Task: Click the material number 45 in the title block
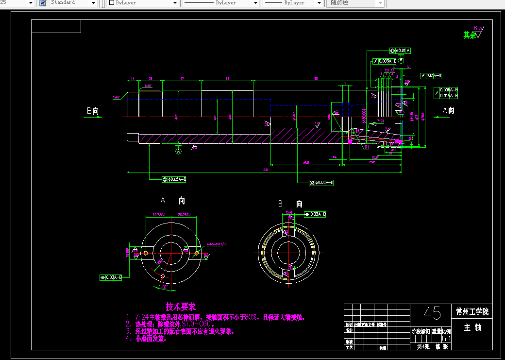(x=433, y=313)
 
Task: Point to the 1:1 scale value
(x=447, y=339)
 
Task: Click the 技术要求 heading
(x=181, y=307)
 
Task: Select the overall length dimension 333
(x=266, y=170)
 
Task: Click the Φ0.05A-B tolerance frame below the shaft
(x=174, y=180)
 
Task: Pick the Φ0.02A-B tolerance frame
(x=321, y=183)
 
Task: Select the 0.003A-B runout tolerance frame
(x=386, y=61)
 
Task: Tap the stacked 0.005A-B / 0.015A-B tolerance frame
(x=446, y=93)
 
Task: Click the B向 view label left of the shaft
(x=92, y=111)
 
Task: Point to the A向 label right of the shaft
(x=448, y=111)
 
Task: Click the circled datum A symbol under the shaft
(x=178, y=151)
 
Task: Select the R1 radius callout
(x=367, y=146)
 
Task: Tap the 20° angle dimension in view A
(x=164, y=287)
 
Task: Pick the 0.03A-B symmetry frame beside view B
(x=315, y=214)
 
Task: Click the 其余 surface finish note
(x=469, y=35)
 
